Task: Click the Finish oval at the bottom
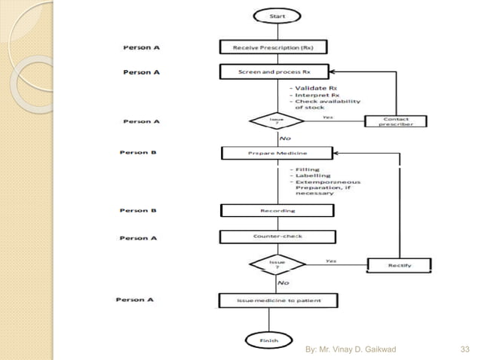pos(268,340)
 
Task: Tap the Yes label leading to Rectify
pos(331,260)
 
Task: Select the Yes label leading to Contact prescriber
pos(327,117)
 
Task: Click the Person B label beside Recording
pos(138,210)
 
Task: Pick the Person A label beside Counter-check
pos(138,238)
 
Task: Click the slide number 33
pos(464,349)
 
